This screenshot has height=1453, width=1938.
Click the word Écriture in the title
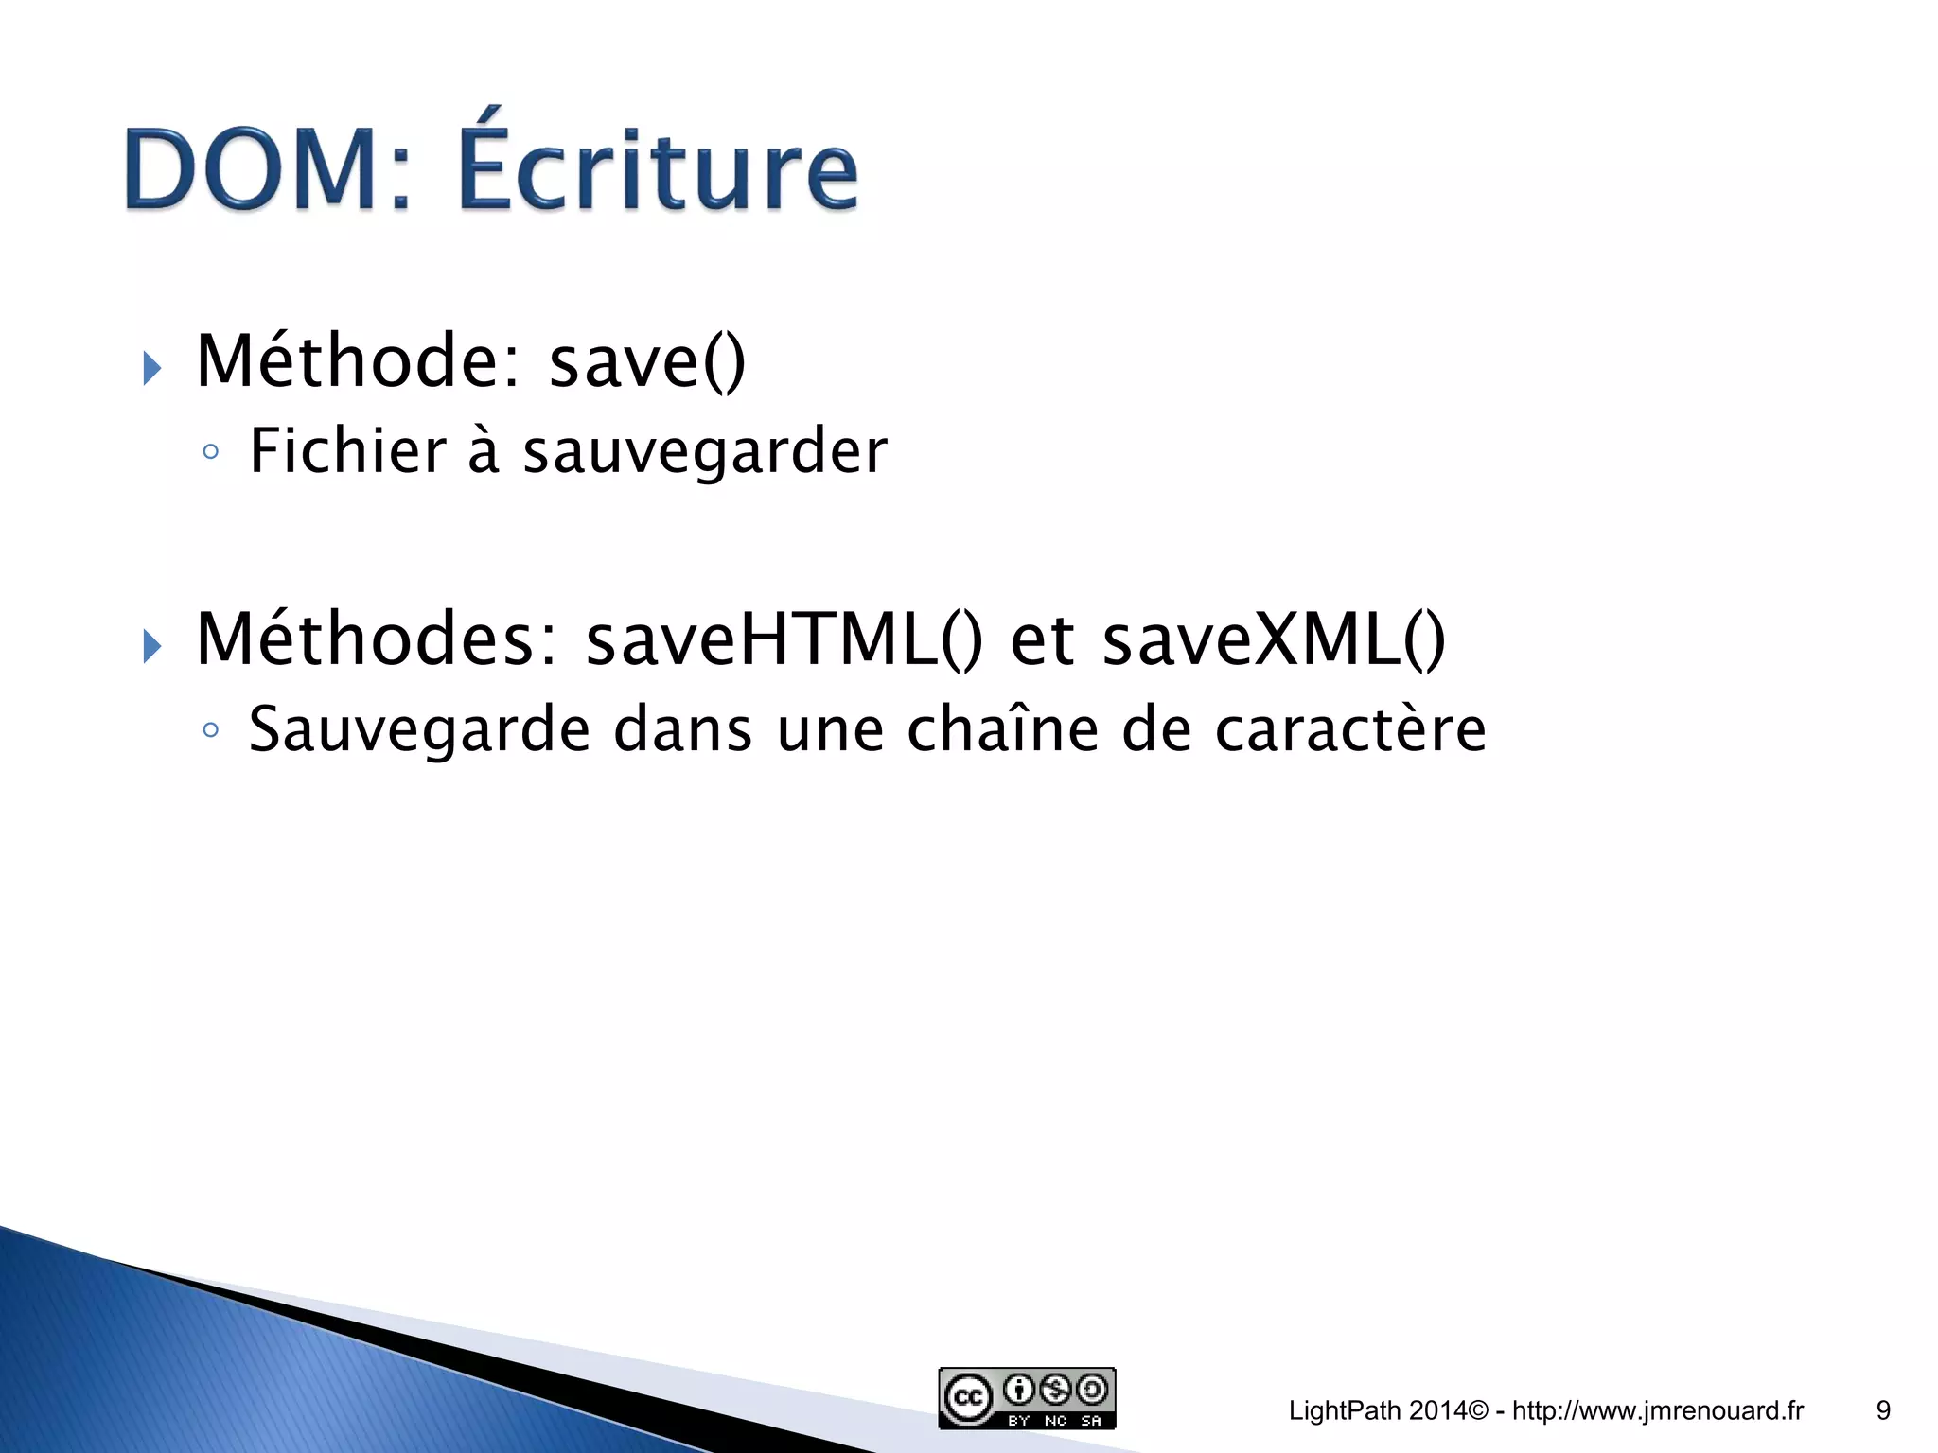(659, 166)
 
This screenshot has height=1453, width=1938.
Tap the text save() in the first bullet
(647, 362)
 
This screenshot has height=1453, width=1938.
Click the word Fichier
(347, 450)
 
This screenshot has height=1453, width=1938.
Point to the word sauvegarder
(705, 452)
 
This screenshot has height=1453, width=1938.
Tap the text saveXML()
(1274, 639)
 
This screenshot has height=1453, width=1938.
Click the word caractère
(1350, 730)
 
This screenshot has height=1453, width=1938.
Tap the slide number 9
(1883, 1410)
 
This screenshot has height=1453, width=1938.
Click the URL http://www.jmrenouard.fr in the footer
(1658, 1410)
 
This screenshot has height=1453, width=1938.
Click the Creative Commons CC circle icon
(967, 1398)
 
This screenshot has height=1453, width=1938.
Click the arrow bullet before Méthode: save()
(151, 368)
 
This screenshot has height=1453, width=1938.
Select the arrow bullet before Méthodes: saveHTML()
(151, 647)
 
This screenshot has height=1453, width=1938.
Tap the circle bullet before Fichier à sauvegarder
(211, 452)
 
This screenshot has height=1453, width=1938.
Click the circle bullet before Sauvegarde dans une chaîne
(211, 730)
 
